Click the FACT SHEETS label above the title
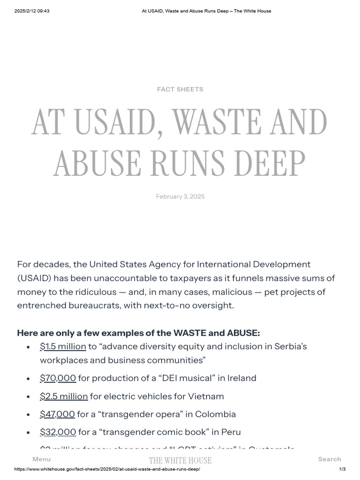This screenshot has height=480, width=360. (x=180, y=89)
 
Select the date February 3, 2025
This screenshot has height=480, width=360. (x=180, y=196)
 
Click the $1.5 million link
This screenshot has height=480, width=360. (x=63, y=346)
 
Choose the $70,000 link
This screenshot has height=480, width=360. (x=58, y=378)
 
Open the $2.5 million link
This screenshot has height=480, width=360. (x=64, y=396)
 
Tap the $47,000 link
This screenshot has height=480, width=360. (x=57, y=414)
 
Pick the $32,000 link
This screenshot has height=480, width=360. (x=58, y=432)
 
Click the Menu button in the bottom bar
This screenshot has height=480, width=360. (x=42, y=459)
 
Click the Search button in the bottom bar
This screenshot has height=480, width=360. (x=330, y=459)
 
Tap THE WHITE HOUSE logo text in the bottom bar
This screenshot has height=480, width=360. (x=180, y=460)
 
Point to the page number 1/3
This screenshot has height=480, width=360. (x=342, y=469)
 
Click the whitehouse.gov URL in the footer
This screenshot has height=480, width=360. (x=107, y=469)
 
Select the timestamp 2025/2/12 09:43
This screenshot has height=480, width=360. (x=32, y=11)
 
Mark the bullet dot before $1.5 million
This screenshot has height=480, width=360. (x=29, y=347)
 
